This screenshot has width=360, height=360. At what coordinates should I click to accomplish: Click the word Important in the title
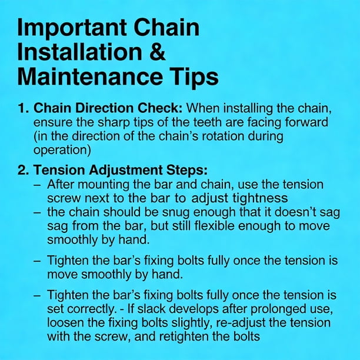click(x=72, y=29)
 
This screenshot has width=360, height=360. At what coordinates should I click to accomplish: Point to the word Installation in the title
click(x=79, y=52)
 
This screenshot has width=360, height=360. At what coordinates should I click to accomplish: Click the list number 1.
click(x=23, y=108)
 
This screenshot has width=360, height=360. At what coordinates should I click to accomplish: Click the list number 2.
click(x=23, y=170)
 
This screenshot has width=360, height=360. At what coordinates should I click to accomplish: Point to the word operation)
click(x=62, y=151)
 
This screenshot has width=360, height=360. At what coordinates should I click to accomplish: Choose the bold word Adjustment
click(x=125, y=171)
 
